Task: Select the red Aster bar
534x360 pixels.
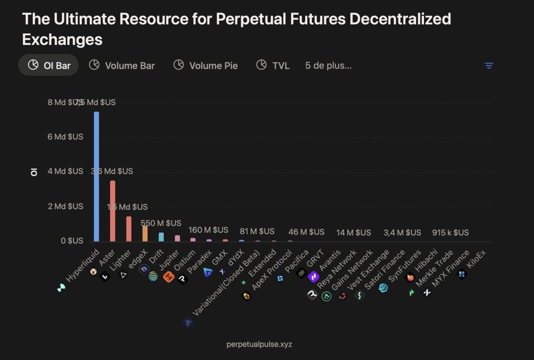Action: coord(113,211)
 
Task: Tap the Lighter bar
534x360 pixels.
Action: coord(129,229)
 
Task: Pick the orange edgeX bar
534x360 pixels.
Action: coord(145,233)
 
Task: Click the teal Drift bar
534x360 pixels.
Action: coord(161,237)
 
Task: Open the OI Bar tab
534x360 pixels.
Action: coord(48,65)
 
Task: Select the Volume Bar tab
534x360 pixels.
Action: coord(122,65)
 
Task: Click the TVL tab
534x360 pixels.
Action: coord(273,65)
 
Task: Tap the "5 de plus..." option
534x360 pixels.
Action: coord(329,65)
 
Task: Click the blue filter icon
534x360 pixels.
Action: coord(489,66)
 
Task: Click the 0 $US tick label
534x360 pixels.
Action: coord(71,241)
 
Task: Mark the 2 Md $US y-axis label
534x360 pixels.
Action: coord(69,206)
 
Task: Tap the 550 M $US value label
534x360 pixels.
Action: coord(163,223)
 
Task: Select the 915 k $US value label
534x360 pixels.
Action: coord(451,232)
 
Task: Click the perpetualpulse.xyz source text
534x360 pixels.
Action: coord(259,344)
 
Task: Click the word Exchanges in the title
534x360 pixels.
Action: coord(62,39)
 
